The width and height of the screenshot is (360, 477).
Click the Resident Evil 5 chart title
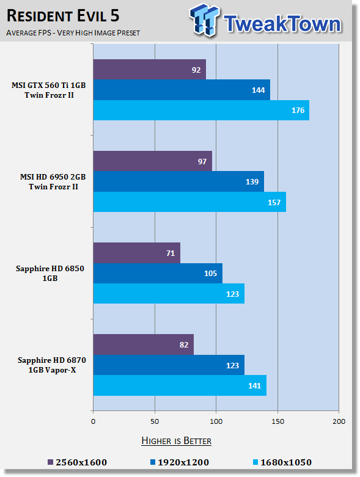(63, 16)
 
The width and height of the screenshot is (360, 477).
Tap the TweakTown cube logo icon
(204, 20)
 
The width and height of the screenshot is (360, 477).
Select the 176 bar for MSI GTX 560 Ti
(201, 110)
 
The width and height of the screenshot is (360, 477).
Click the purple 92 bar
(149, 70)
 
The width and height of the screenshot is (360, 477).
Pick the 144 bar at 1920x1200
(182, 90)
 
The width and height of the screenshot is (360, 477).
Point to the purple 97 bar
(153, 161)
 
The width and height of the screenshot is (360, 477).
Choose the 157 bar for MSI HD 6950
(189, 202)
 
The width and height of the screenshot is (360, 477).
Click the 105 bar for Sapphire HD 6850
(158, 273)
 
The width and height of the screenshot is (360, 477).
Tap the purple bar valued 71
(137, 253)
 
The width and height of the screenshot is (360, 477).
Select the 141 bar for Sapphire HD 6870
(180, 385)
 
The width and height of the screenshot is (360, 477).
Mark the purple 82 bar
(144, 344)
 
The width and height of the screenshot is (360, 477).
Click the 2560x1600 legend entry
(77, 462)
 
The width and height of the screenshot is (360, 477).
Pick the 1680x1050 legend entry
(282, 462)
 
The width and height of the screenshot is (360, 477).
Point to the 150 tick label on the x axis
(277, 421)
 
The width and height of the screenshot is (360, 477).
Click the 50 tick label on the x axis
(155, 421)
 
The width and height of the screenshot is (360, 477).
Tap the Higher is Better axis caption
(177, 441)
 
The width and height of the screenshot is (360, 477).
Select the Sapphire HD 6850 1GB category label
(50, 273)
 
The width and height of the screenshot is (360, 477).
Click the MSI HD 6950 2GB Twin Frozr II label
(53, 181)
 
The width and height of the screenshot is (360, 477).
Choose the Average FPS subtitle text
(73, 32)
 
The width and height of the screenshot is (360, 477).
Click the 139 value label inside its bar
(252, 181)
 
